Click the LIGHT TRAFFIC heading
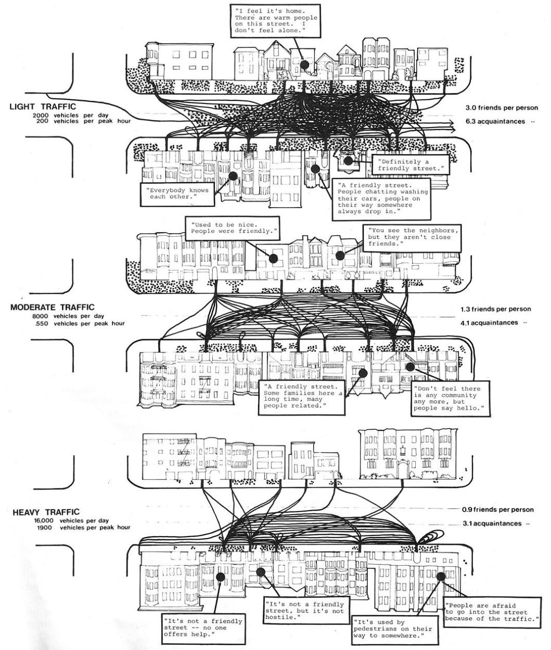coord(43,107)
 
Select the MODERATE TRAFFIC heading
coord(53,307)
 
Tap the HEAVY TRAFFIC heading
coord(46,512)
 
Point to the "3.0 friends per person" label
coord(502,108)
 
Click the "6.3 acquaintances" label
coord(495,121)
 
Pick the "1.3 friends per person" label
coord(496,309)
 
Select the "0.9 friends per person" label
coord(497,509)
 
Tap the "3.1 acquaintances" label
coord(492,524)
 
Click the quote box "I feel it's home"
coord(276,21)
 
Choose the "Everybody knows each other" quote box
coord(178,194)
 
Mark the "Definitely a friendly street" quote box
coord(411,165)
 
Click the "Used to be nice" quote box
coord(233,228)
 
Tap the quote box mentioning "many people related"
coord(302,397)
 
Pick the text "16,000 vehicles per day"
coord(71,521)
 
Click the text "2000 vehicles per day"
coord(70,116)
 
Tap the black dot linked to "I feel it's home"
coord(304,65)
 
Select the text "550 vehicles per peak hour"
coord(80,323)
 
